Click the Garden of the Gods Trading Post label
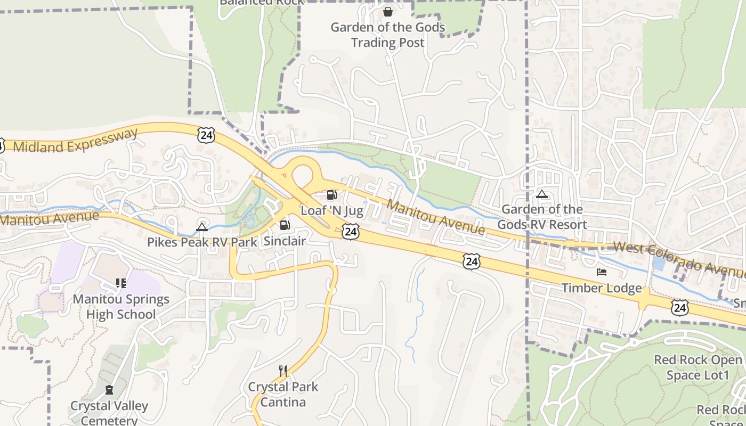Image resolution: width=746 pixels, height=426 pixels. click(x=388, y=35)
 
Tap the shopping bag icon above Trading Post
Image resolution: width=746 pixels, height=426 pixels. click(x=388, y=11)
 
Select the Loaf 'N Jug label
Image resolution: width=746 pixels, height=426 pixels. click(x=332, y=211)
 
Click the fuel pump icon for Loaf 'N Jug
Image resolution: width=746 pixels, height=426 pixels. click(x=331, y=195)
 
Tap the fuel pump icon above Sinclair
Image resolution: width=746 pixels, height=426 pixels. click(x=285, y=225)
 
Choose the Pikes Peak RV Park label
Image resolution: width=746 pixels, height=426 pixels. click(x=202, y=242)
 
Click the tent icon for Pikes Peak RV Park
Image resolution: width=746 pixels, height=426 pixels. click(x=202, y=227)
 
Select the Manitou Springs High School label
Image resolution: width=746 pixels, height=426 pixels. click(x=121, y=307)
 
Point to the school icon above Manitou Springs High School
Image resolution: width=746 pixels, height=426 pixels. click(x=121, y=283)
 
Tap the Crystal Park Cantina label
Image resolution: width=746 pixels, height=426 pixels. click(x=283, y=394)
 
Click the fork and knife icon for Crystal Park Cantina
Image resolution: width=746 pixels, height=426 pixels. click(x=283, y=371)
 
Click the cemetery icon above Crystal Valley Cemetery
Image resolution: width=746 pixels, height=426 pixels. click(x=109, y=390)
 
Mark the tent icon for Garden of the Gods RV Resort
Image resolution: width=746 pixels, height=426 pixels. click(x=542, y=194)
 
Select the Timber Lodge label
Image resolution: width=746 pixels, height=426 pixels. click(x=602, y=288)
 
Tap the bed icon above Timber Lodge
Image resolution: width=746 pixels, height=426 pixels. click(x=602, y=273)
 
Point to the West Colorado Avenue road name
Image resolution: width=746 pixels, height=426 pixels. click(x=679, y=257)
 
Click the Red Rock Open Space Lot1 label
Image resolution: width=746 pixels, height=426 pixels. click(x=698, y=367)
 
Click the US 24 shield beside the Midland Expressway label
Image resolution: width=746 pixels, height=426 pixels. click(x=206, y=135)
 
